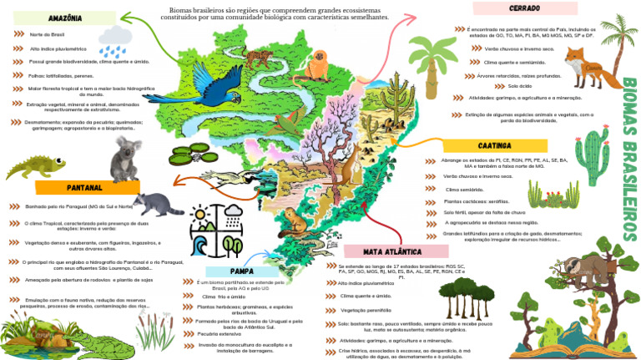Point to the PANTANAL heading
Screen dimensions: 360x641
84,187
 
